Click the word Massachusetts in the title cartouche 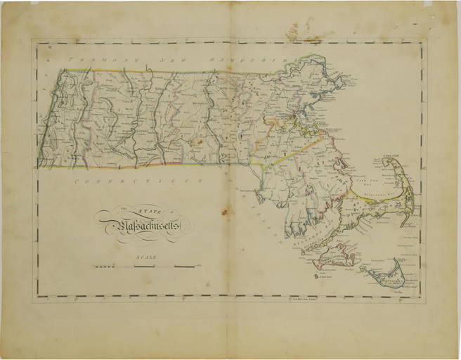(144, 225)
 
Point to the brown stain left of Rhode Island (225, 210)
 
